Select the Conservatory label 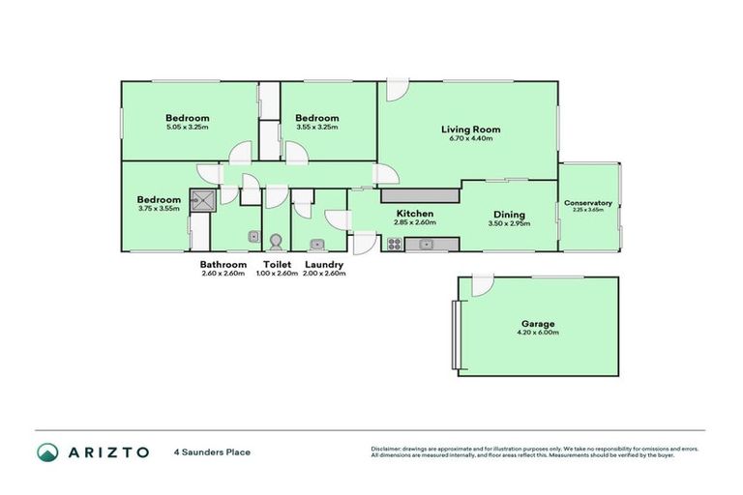588,203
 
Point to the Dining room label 508,215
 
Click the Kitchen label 413,214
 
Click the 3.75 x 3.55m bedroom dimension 158,210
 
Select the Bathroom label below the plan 223,264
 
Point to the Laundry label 324,264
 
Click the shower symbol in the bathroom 204,200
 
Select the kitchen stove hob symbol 395,245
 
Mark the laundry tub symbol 316,244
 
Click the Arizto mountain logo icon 46,451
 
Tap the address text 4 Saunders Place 212,451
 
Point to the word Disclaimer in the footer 388,449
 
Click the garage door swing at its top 481,285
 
